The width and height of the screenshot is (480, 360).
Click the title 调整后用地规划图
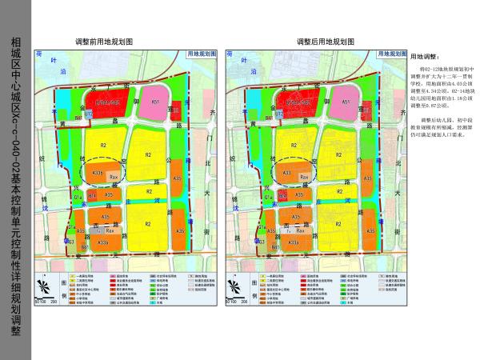pos(326,41)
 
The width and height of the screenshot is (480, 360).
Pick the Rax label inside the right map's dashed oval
pos(304,176)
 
